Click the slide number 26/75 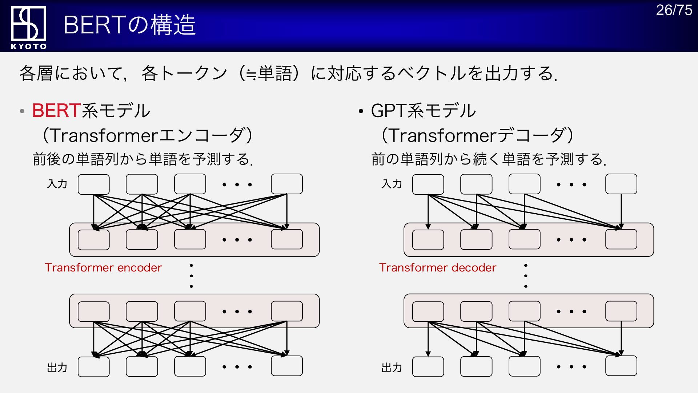coord(674,10)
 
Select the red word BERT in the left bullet coord(56,110)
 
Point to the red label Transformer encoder coord(103,267)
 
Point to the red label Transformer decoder coord(438,267)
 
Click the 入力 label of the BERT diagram coord(57,184)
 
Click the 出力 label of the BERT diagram coord(57,368)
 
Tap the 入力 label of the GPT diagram coord(392,184)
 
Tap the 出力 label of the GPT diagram coord(392,368)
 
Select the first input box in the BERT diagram coord(93,184)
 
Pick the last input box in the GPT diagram coord(621,184)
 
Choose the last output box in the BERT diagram coord(287,366)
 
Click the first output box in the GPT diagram coord(428,366)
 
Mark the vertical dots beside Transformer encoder coord(191,276)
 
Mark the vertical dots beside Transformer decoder coord(526,276)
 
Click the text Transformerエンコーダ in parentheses coord(147,135)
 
